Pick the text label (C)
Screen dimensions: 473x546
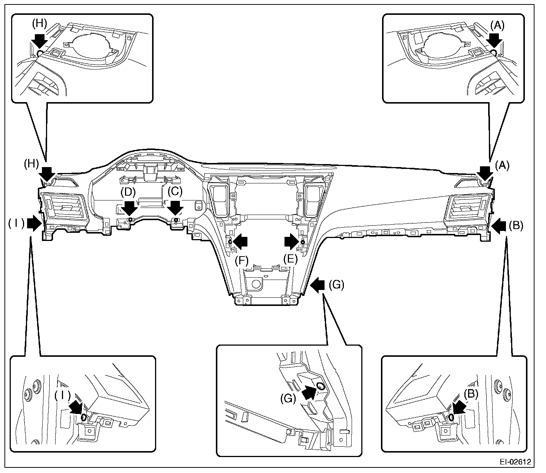tap(175, 192)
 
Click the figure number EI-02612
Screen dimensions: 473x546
tap(514, 463)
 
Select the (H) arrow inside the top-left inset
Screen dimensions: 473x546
tap(39, 39)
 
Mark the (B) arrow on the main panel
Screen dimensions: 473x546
tap(498, 225)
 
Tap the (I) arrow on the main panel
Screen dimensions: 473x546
tap(34, 224)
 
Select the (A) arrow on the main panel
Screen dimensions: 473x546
tap(484, 173)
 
